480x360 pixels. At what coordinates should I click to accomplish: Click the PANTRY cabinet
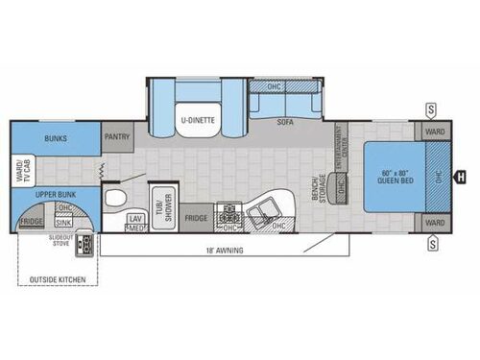tap(118, 136)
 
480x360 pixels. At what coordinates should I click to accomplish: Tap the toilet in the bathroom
tap(115, 200)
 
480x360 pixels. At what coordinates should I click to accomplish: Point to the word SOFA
tap(284, 122)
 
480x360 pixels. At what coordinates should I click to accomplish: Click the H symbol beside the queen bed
tap(461, 176)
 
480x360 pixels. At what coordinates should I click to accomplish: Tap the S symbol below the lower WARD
tap(433, 244)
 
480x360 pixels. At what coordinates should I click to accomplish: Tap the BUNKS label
tap(53, 136)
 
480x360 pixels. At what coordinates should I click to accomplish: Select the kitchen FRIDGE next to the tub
tap(197, 217)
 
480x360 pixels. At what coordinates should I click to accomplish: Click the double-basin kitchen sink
tap(260, 210)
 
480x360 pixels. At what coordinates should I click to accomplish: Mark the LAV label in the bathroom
tap(135, 218)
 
